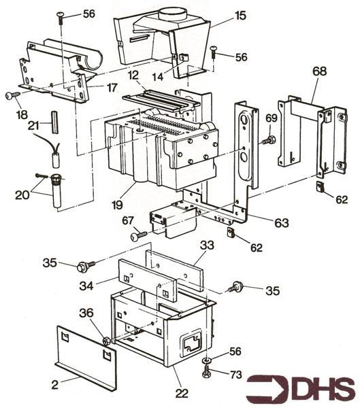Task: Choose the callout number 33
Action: (x=207, y=245)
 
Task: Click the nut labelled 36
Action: (x=107, y=340)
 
